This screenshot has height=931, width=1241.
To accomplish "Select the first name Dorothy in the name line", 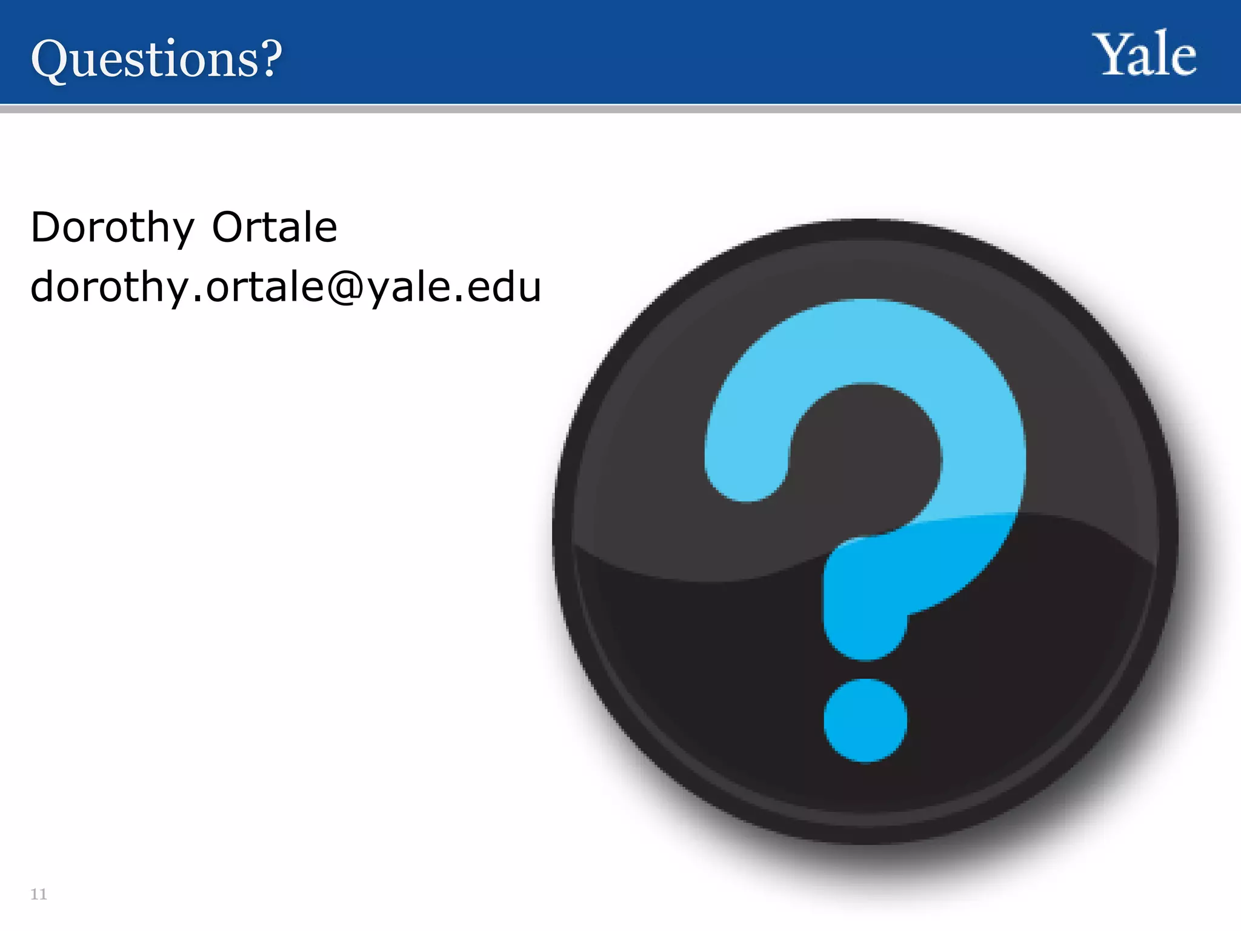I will pos(112,228).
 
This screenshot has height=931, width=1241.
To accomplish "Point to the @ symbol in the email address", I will pos(346,287).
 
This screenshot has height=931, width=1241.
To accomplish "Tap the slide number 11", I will pos(39,894).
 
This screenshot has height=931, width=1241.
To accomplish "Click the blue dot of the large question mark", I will pos(865,720).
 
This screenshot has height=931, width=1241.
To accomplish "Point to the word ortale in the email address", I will pos(265,287).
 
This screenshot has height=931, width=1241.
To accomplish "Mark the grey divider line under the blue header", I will pos(620,108).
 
